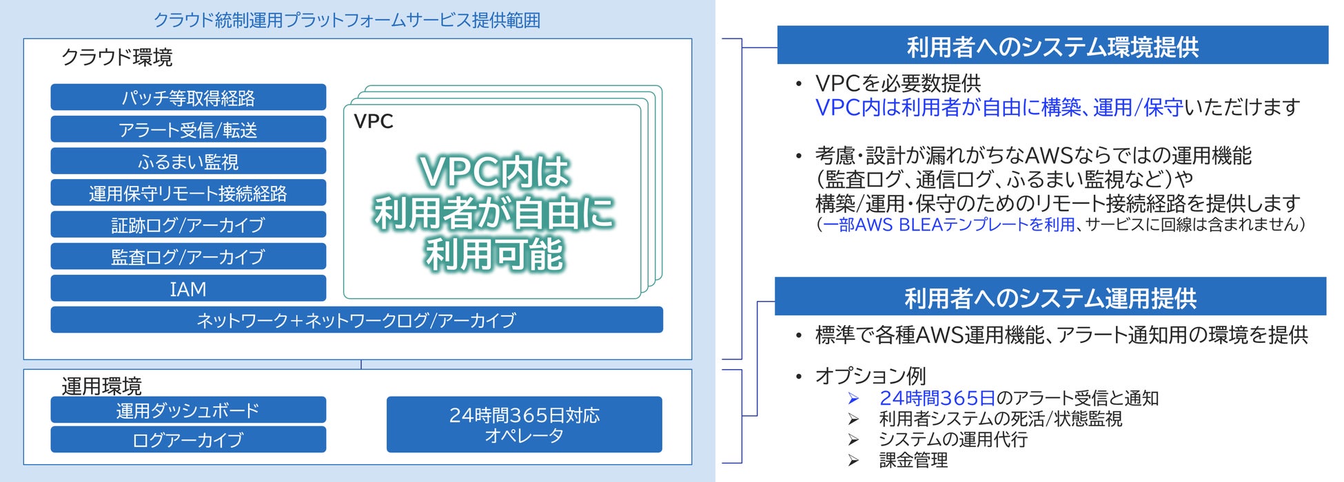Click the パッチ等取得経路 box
[188, 98]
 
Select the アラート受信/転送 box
[188, 129]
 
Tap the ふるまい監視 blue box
[188, 161]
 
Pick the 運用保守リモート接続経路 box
[188, 193]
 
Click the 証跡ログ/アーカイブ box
[188, 224]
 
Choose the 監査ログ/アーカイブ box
[188, 256]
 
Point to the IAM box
[188, 289]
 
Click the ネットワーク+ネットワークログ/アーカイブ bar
[356, 320]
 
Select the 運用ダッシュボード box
[188, 410]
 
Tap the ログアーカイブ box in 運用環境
[188, 439]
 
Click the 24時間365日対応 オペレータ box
[524, 425]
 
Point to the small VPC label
[374, 121]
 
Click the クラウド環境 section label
[117, 57]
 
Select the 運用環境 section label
[101, 386]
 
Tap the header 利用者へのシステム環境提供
[1052, 46]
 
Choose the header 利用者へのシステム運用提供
[1050, 297]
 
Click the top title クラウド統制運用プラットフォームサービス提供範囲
[347, 20]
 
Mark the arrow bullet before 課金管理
[853, 460]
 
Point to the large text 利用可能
[494, 255]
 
